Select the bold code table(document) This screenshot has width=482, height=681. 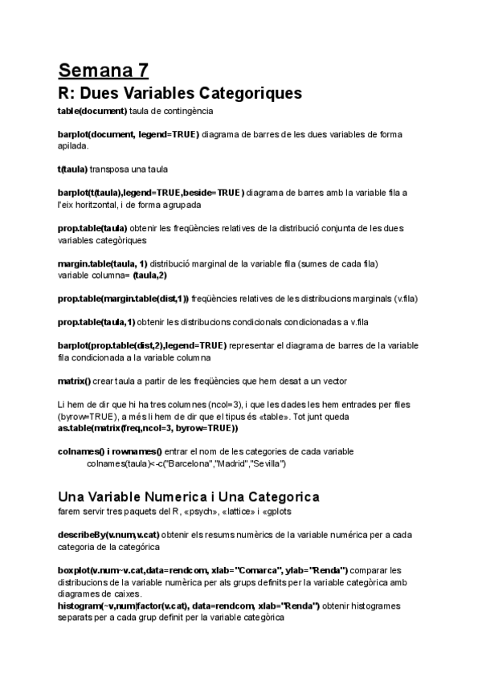92,110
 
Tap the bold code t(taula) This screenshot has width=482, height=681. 72,169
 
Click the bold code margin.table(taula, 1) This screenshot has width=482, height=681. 102,264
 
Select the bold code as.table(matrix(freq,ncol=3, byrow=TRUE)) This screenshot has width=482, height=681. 148,428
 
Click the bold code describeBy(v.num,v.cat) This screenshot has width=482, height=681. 107,534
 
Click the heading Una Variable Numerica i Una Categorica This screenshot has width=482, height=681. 189,496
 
